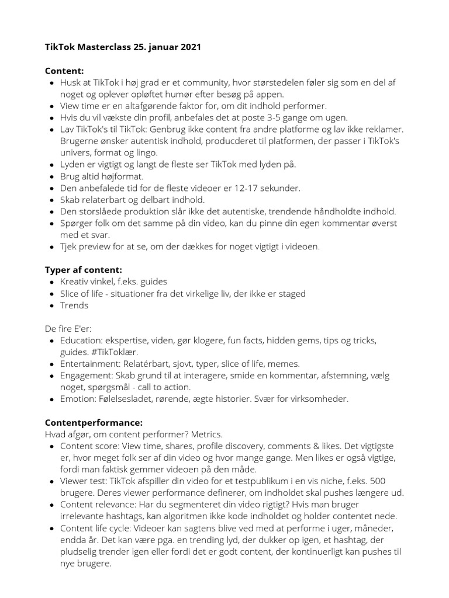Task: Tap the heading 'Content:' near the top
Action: coord(64,71)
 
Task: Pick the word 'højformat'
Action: coord(123,176)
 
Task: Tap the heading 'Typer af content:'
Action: coord(83,270)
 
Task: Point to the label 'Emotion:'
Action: coord(78,399)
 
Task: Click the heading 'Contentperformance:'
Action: coord(94,422)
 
